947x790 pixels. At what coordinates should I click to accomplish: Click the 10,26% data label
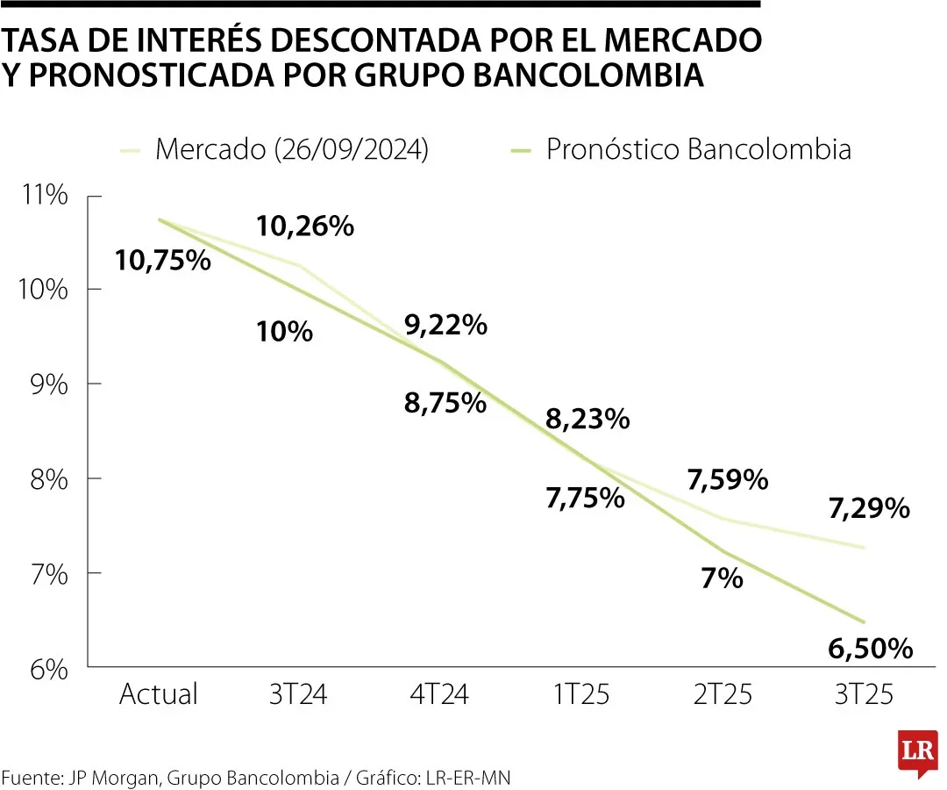point(305,226)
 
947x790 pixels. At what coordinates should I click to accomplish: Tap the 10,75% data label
point(163,261)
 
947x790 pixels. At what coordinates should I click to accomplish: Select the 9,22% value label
point(445,326)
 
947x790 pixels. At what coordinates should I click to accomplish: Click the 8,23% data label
point(587,420)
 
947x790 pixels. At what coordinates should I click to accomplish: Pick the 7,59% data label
point(728,480)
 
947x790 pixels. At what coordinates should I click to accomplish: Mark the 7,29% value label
point(869,508)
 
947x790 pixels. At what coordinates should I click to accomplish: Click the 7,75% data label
point(585,499)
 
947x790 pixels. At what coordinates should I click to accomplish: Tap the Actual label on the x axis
point(159,694)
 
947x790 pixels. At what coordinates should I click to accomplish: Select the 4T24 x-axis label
point(440,694)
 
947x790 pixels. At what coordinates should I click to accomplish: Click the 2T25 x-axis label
point(723,694)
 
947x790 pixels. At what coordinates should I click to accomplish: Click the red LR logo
point(918,752)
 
